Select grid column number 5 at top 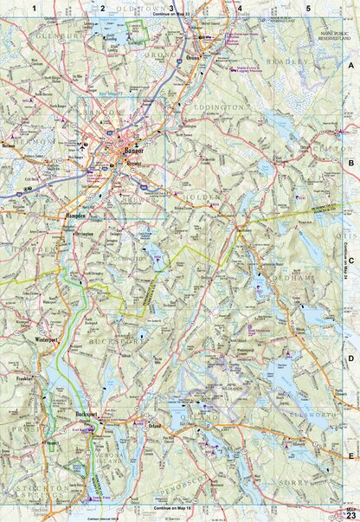pyautogui.click(x=309, y=8)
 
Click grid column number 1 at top pyautogui.click(x=34, y=8)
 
